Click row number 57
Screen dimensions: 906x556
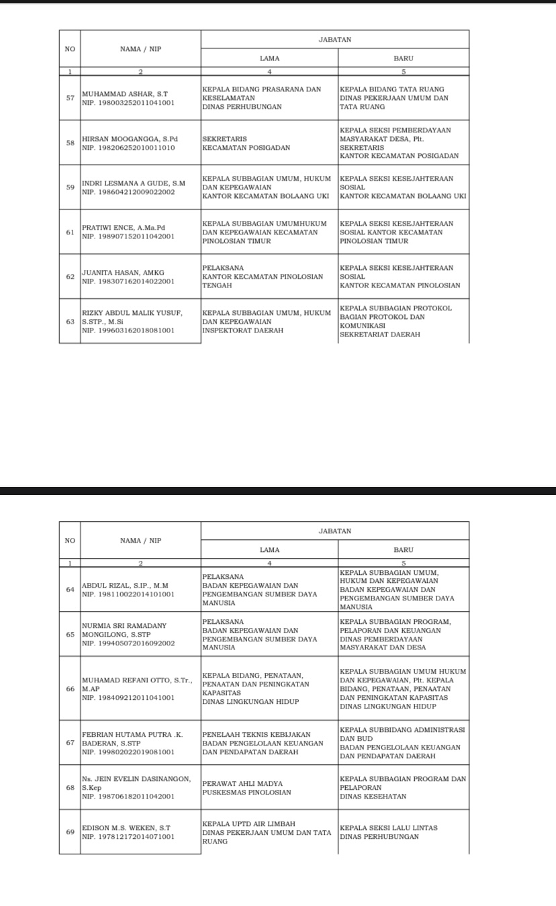(x=70, y=98)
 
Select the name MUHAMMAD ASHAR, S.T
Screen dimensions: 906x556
(x=124, y=94)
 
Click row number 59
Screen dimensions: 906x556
(x=70, y=187)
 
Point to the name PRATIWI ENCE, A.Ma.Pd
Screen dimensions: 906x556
(x=123, y=228)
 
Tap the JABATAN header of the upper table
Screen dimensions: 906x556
(x=334, y=40)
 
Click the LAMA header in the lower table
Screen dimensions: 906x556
(x=269, y=550)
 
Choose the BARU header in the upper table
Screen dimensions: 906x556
(x=404, y=58)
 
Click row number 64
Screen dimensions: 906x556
(x=70, y=590)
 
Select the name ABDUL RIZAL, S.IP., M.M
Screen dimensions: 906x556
(x=125, y=586)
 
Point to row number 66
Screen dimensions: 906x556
(x=70, y=688)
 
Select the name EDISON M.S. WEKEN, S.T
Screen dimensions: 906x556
(x=126, y=828)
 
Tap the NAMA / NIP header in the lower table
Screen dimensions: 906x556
(x=140, y=541)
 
